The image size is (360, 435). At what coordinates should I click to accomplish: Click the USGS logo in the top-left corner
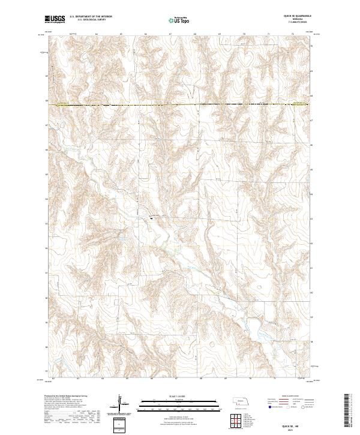[x=55, y=20]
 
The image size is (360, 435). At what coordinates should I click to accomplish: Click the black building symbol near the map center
[x=151, y=218]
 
